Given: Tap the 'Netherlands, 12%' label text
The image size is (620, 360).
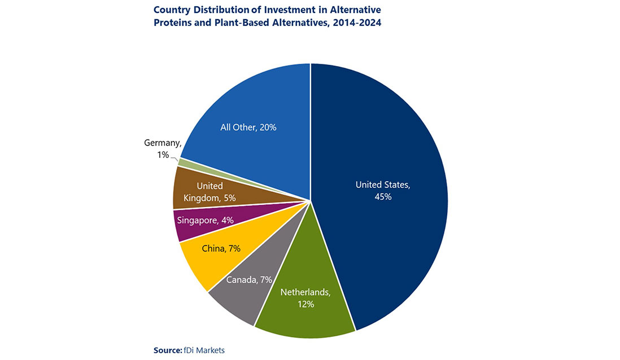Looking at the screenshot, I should tap(305, 298).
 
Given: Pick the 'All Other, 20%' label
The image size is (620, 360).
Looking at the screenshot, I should tap(248, 128).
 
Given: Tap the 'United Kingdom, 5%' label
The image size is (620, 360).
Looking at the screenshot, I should tap(209, 192).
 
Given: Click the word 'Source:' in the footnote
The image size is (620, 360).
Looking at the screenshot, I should tap(167, 350).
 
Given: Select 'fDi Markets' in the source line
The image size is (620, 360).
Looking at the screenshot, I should tap(204, 350).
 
